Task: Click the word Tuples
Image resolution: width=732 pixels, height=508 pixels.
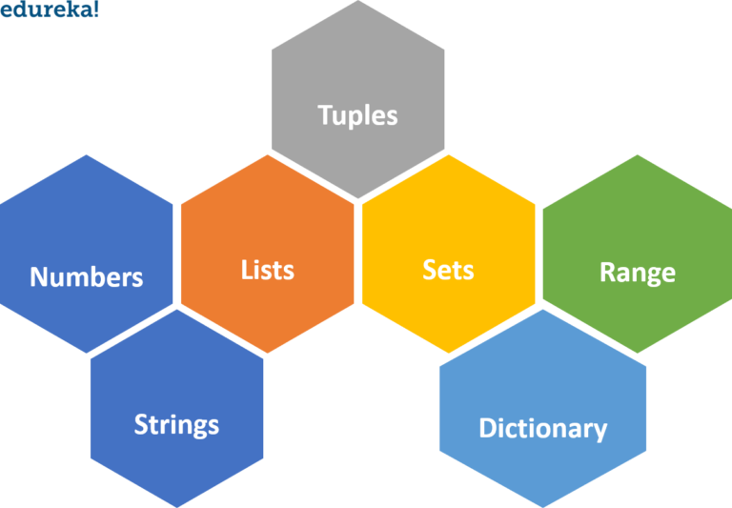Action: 357,116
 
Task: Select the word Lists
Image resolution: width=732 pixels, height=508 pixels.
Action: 268,270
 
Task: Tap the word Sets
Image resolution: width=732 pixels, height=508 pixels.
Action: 448,270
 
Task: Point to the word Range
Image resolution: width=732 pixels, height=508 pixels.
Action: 638,273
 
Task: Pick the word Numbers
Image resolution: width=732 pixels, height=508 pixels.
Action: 87,277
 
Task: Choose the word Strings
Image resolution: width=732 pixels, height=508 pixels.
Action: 176,424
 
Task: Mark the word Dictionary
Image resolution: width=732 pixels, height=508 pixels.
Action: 542,429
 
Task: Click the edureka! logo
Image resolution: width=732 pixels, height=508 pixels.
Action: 49,10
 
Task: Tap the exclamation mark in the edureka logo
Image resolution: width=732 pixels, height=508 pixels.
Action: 95,9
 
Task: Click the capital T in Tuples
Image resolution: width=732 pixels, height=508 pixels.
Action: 325,115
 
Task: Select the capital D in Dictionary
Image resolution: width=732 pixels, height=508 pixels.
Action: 486,428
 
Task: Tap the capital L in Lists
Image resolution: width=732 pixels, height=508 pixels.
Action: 247,270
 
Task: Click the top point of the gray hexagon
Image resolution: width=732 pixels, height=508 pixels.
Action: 357,2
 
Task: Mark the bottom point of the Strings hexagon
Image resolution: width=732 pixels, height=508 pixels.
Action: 176,506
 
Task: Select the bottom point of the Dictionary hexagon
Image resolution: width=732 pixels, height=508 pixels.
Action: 543,506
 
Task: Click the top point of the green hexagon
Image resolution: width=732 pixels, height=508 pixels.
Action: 638,155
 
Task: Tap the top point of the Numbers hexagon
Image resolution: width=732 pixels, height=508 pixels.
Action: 87,155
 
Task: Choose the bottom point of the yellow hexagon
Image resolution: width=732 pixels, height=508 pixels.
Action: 448,354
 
